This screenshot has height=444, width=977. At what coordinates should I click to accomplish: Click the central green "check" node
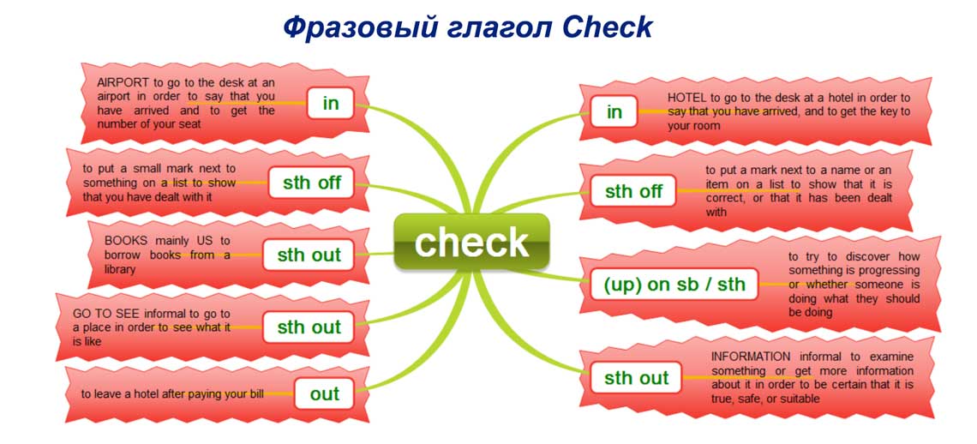[x=471, y=242]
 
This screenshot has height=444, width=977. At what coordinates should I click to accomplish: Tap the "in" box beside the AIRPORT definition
[x=330, y=104]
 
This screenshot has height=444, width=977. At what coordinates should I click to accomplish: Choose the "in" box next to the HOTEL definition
[x=614, y=111]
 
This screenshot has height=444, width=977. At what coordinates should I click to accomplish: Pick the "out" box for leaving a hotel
[x=325, y=393]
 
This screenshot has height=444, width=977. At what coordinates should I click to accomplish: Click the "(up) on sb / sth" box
[x=674, y=285]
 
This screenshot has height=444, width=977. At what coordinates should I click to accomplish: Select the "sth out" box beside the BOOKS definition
[x=309, y=255]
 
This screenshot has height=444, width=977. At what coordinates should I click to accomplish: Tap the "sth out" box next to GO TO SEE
[x=309, y=327]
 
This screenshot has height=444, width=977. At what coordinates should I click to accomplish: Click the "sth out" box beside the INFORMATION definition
[x=636, y=377]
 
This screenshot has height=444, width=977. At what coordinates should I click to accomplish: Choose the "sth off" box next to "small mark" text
[x=312, y=183]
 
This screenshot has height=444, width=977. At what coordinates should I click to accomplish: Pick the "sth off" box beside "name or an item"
[x=633, y=191]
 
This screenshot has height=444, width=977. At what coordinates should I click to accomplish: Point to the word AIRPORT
[x=123, y=83]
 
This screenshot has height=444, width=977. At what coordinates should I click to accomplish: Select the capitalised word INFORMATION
[x=750, y=357]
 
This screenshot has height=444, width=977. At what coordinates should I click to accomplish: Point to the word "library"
[x=120, y=269]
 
